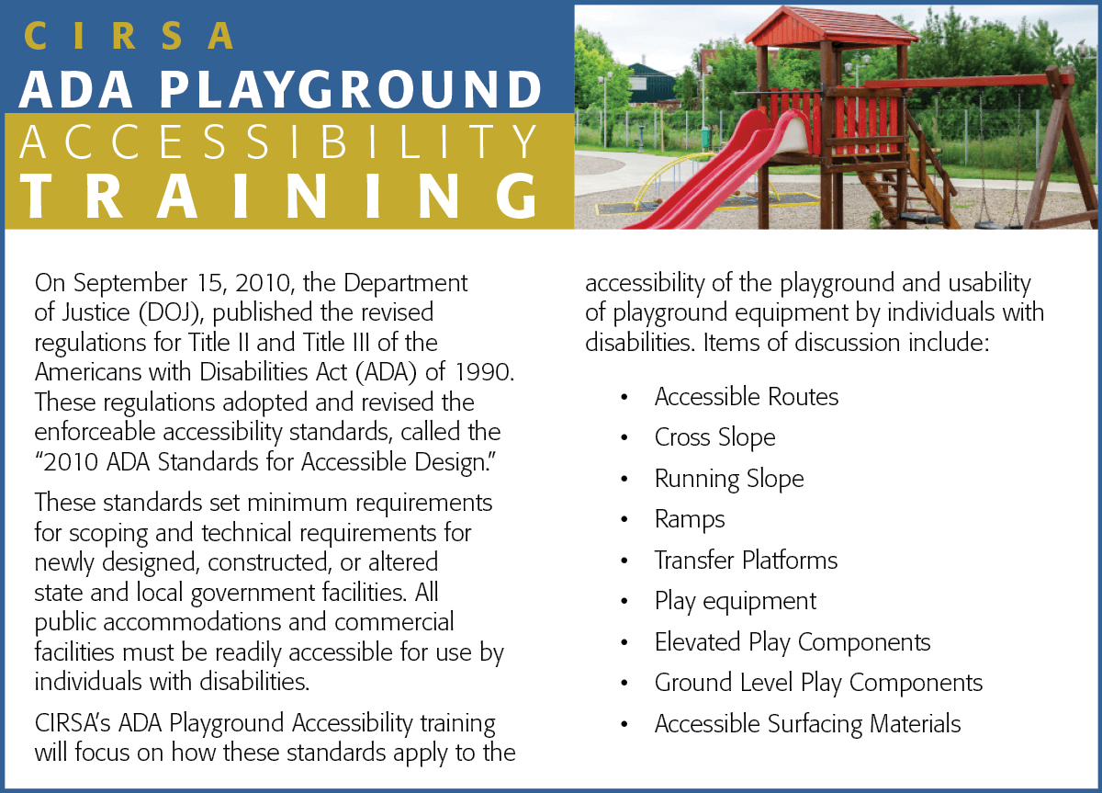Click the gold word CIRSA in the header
point(129,36)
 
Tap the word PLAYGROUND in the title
point(350,89)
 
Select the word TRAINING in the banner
point(279,196)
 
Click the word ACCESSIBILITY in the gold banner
point(278,142)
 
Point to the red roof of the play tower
point(831,27)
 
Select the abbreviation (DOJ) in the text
point(171,313)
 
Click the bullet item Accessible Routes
point(746,397)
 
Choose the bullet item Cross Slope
point(714,437)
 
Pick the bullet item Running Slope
point(729,479)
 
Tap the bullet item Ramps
point(690,519)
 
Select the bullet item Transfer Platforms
point(746,561)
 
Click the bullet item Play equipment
point(736,602)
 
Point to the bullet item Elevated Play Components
point(793,642)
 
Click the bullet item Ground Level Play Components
point(818,684)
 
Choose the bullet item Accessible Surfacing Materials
point(807,724)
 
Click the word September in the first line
point(130,284)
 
